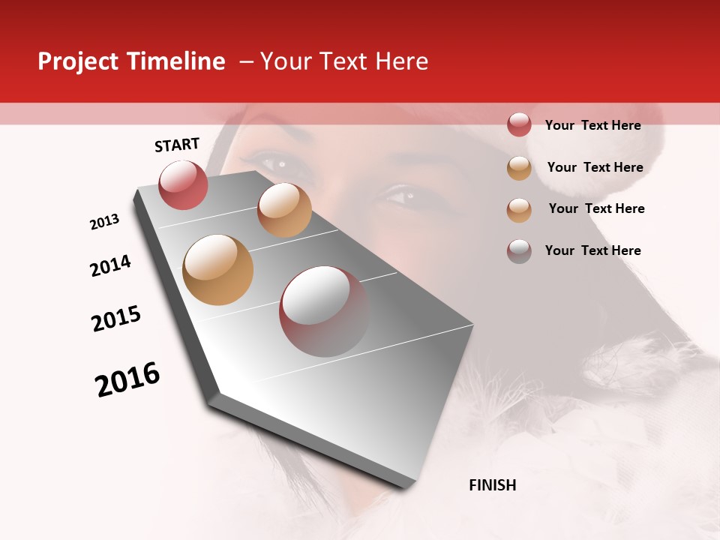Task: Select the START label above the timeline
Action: pyautogui.click(x=177, y=145)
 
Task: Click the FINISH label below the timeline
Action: pyautogui.click(x=492, y=485)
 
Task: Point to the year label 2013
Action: pyautogui.click(x=105, y=222)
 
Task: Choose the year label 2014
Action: pyautogui.click(x=110, y=265)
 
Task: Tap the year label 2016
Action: pyautogui.click(x=127, y=379)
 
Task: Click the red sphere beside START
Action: pyautogui.click(x=183, y=185)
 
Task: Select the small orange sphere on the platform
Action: pyautogui.click(x=284, y=210)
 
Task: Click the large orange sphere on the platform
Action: pyautogui.click(x=217, y=270)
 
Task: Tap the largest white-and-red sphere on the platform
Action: pyautogui.click(x=324, y=311)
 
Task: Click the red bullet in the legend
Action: pyautogui.click(x=519, y=124)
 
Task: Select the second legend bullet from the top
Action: pyautogui.click(x=519, y=168)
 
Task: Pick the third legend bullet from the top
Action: pyautogui.click(x=519, y=210)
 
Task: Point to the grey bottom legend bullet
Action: pyautogui.click(x=519, y=251)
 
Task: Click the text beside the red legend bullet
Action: pyautogui.click(x=592, y=125)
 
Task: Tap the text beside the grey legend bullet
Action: pyautogui.click(x=592, y=250)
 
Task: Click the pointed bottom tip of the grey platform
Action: pyautogui.click(x=409, y=486)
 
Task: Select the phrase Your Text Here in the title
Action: pyautogui.click(x=343, y=61)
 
